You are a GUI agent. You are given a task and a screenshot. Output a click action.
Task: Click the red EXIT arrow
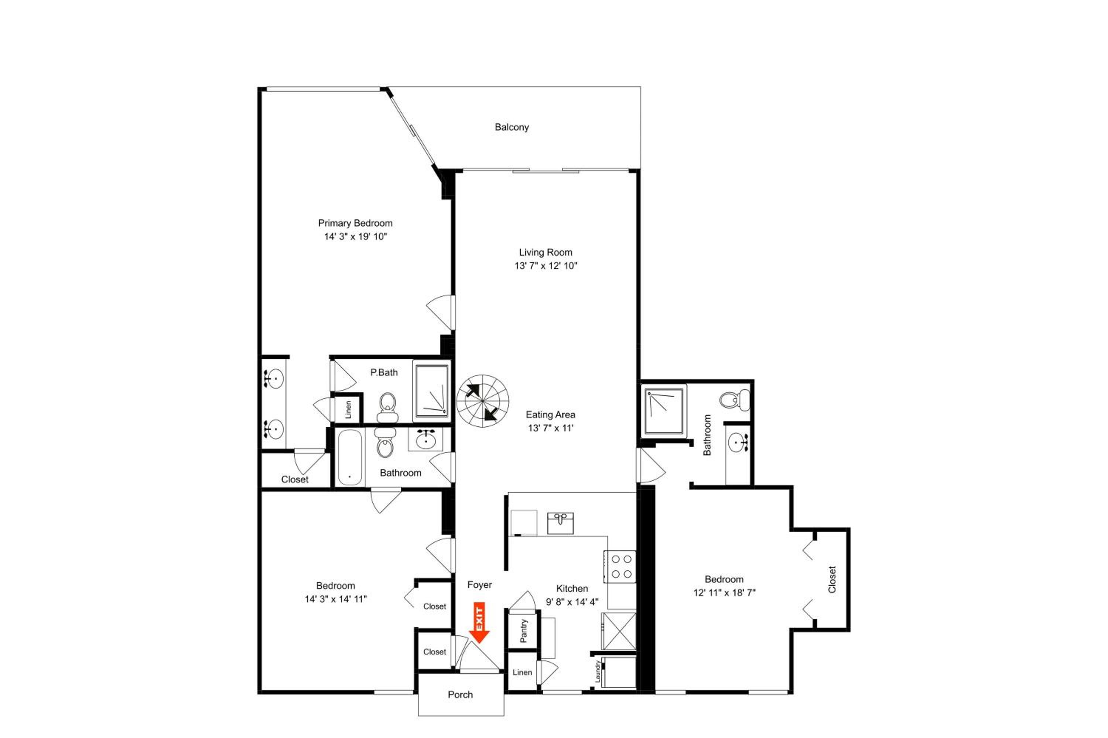(x=479, y=622)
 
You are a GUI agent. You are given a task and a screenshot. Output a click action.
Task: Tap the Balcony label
(x=512, y=127)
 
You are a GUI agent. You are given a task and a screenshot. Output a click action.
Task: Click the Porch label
(x=460, y=695)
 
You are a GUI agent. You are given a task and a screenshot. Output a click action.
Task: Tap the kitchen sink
(x=560, y=523)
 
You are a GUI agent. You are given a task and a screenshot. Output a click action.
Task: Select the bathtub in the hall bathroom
(x=349, y=458)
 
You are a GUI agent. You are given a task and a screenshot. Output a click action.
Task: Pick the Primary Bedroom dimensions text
(x=355, y=237)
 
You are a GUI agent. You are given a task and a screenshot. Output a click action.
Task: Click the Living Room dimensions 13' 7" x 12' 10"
(x=545, y=266)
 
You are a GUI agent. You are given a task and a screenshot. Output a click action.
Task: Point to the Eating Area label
(x=550, y=415)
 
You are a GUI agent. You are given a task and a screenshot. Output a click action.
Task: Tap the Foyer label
(x=479, y=585)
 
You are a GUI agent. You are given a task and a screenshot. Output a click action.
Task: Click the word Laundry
(x=598, y=672)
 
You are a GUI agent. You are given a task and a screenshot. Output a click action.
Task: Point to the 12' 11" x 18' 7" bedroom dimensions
(x=724, y=592)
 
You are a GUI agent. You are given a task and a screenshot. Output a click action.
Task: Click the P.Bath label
(x=384, y=372)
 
